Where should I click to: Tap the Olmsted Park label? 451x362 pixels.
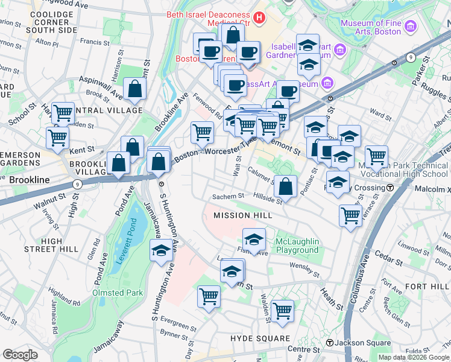117,293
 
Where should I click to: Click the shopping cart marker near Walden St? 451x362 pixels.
282,311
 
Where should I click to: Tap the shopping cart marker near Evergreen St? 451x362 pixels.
209,296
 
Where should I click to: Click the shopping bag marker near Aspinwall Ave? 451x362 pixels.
135,89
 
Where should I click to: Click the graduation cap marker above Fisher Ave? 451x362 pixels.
254,240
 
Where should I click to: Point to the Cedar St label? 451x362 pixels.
390,262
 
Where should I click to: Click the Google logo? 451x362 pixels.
20,355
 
